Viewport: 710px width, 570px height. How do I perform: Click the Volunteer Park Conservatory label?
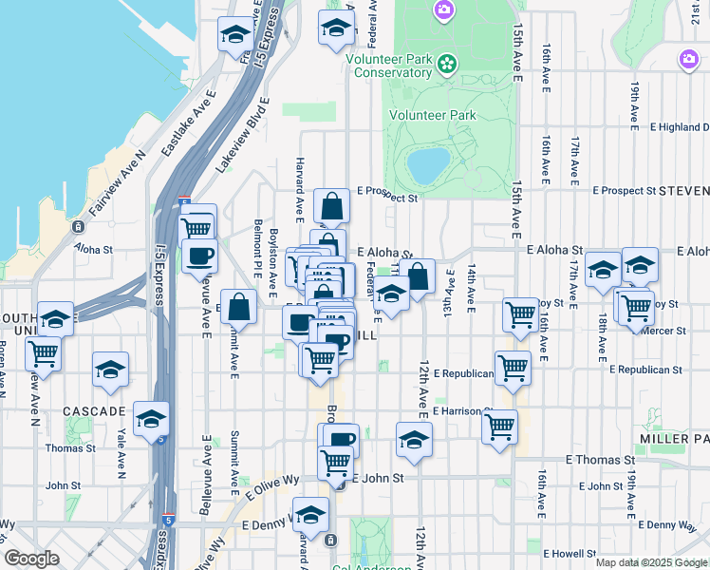tap(389, 66)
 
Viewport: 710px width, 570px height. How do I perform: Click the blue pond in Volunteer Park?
tap(428, 164)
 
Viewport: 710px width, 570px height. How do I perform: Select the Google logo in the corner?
tap(31, 559)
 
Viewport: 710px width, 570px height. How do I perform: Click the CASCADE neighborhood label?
tap(94, 411)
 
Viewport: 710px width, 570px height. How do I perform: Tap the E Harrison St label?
tap(459, 411)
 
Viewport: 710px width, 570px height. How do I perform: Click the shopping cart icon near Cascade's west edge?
tap(43, 353)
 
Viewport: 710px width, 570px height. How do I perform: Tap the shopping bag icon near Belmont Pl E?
tap(241, 306)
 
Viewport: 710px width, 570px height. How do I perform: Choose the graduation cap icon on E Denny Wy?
tap(310, 515)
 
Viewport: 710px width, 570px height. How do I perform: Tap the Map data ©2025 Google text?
tap(651, 562)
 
